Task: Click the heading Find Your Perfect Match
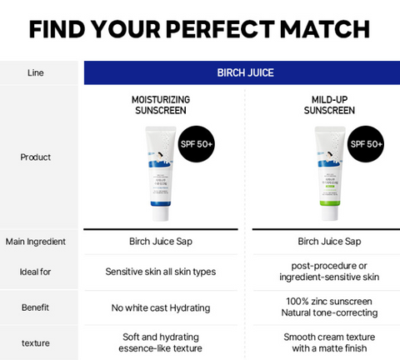pos(200,29)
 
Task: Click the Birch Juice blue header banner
pos(242,72)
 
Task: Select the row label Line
pos(35,72)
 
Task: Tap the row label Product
pos(35,157)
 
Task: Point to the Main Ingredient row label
pos(35,242)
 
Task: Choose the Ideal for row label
pos(35,272)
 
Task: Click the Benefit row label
pos(35,307)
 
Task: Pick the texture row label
pos(35,342)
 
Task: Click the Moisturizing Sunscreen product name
pos(161,104)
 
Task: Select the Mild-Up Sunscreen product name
pos(329,104)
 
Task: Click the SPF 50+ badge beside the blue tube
pos(197,143)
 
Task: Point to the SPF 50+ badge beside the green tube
pos(366,143)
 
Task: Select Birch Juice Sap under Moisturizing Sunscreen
pos(161,242)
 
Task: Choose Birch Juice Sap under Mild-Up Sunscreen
pos(329,242)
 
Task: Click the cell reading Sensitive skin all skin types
pos(161,272)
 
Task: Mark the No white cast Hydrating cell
pos(161,307)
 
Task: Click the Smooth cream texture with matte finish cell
pos(329,342)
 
